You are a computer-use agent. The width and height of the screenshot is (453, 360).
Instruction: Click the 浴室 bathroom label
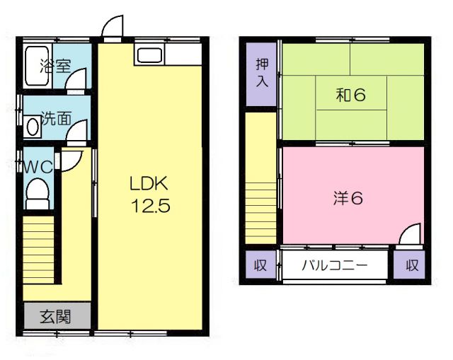[x=55, y=67]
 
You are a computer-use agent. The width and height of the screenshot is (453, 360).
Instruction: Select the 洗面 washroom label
[x=55, y=118]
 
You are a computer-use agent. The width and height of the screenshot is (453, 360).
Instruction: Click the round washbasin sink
[x=32, y=127]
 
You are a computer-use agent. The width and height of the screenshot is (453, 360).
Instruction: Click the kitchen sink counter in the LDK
[x=149, y=56]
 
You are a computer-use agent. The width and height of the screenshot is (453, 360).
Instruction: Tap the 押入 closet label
[x=262, y=73]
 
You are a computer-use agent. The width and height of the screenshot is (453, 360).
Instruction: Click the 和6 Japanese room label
[x=350, y=94]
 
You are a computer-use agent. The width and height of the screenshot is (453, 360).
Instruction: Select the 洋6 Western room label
[x=348, y=199]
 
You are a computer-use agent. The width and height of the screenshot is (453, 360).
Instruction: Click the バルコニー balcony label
[x=334, y=267]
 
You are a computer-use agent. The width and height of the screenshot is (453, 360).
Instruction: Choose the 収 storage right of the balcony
[x=412, y=267]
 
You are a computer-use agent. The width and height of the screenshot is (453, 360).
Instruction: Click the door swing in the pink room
[x=410, y=236]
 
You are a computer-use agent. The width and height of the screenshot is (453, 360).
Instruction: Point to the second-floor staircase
[x=260, y=205]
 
